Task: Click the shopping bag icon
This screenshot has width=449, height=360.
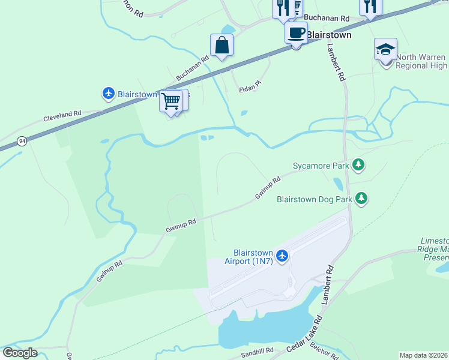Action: coord(221,45)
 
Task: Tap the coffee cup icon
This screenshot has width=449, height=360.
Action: coord(296,33)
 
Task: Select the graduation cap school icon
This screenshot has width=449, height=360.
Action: coord(385,49)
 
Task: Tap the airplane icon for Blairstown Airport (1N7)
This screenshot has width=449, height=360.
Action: coord(282,256)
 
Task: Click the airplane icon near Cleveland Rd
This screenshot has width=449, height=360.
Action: coord(108,94)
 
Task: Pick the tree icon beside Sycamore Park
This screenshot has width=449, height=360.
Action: coord(359,164)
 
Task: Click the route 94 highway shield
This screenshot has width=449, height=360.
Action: coord(22,141)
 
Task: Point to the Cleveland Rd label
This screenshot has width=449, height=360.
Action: coord(62,115)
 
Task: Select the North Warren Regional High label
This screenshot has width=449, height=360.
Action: coord(420,61)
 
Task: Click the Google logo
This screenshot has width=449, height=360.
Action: coord(20,353)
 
